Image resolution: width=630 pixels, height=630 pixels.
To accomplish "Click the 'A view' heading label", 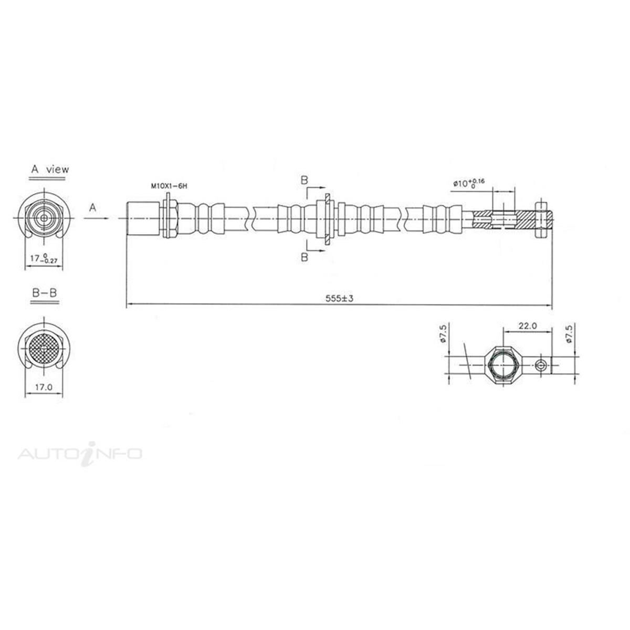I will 49,170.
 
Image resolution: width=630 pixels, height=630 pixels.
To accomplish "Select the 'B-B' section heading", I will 44,293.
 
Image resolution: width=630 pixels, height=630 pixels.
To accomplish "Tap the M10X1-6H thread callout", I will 169,186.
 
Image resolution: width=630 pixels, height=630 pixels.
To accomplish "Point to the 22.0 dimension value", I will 527,325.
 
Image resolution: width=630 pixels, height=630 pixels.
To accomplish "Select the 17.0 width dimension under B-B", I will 43,387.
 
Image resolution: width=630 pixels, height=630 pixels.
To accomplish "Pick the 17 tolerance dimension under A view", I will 44,259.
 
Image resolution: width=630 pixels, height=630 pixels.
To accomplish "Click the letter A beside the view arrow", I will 93,208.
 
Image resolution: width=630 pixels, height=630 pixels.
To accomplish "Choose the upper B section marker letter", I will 304,180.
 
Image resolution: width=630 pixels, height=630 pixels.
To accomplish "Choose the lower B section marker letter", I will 304,257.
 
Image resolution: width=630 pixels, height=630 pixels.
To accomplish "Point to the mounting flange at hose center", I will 327,218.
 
